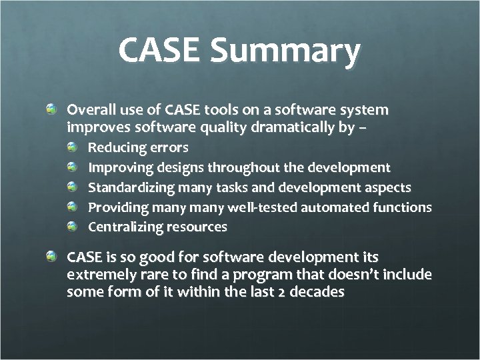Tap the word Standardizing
click(129, 187)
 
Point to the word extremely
click(97, 275)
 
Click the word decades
click(319, 292)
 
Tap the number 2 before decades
click(281, 292)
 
